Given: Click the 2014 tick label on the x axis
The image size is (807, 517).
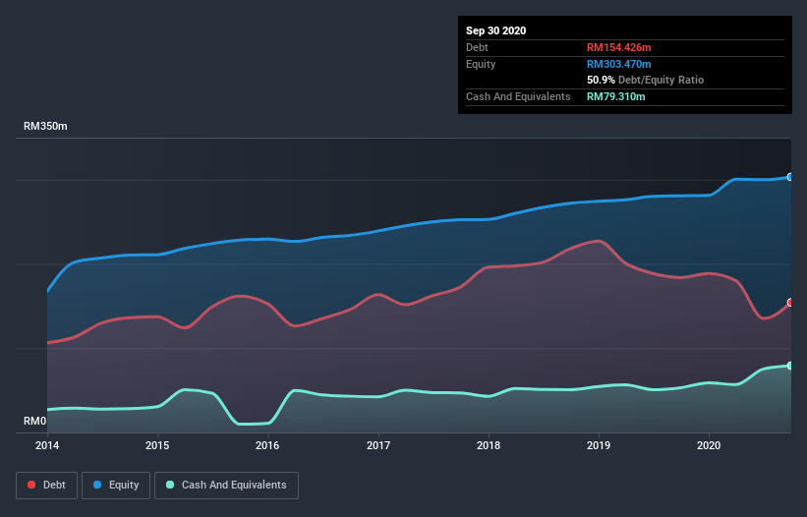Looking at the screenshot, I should [47, 444].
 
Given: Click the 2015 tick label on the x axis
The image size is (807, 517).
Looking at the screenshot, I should [157, 444].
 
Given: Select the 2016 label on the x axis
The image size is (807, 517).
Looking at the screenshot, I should [267, 444].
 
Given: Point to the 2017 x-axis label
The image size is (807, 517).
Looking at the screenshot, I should [378, 444].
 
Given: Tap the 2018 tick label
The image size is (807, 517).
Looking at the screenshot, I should [489, 444].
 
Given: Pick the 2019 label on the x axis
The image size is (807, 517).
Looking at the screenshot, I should [599, 444].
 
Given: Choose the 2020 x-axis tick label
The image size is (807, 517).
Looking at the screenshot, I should [709, 444].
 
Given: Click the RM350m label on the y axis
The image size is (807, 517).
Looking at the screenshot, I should [46, 127].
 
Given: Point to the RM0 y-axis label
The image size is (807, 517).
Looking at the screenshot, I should [34, 422].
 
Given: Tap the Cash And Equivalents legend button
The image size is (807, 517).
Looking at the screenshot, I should [226, 485].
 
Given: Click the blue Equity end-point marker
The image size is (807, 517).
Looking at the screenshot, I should [789, 177].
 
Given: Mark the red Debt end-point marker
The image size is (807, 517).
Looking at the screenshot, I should [789, 303].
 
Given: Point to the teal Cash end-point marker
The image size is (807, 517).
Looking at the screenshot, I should [789, 366].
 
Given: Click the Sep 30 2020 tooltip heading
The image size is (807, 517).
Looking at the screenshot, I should [495, 30].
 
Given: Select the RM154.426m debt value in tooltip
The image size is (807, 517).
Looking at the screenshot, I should [620, 47].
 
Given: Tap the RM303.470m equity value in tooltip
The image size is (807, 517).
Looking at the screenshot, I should [620, 64].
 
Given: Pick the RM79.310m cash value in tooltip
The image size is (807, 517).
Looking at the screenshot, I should [616, 96].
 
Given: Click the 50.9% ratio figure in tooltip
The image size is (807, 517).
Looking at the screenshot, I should [601, 80].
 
